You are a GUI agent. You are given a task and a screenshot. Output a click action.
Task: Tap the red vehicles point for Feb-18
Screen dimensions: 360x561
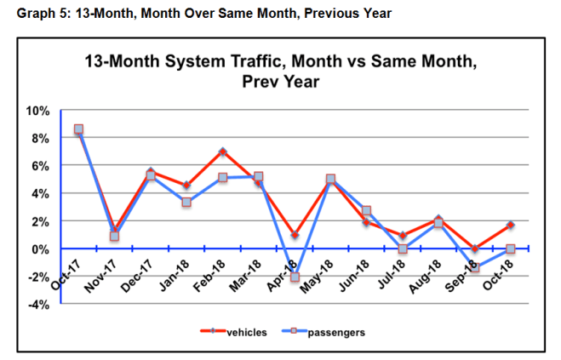pos(222,152)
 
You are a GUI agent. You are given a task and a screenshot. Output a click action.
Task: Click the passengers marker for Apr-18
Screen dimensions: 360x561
pos(295,277)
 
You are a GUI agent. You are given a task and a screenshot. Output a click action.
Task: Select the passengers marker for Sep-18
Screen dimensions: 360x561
pos(474,268)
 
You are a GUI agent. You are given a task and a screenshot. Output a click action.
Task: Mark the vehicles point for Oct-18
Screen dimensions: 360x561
pos(510,226)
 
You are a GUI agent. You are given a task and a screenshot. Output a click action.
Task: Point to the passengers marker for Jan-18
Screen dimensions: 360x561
pos(186,203)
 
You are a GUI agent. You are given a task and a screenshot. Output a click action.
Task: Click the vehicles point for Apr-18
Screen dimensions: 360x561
pos(295,235)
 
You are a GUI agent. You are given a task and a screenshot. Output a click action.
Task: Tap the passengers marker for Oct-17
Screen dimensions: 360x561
pos(78,130)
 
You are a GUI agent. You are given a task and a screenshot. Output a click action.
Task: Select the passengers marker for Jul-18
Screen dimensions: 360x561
pos(403,249)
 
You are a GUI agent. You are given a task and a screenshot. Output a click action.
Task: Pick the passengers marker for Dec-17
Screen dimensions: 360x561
pos(151,175)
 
